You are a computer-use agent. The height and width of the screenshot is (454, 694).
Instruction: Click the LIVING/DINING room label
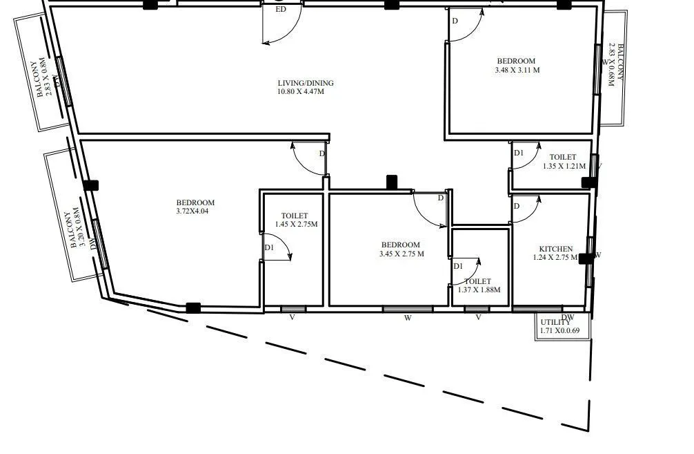[x=305, y=83]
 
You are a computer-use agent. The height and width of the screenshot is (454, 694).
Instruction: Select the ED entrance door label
[x=280, y=10]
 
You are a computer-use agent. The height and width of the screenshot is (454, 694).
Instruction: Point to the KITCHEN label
[x=555, y=249]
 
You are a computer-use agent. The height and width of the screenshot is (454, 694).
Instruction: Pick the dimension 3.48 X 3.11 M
[x=517, y=70]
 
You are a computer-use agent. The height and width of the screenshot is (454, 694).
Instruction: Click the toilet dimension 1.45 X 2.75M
[x=295, y=225]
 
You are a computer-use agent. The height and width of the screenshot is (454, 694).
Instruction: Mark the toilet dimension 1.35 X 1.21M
[x=564, y=166]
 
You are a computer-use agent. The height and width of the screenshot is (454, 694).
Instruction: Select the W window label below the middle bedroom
[x=408, y=319]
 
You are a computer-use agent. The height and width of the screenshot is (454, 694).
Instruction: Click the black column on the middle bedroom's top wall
[x=391, y=182]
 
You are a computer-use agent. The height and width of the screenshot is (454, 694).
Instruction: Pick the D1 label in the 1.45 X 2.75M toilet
[x=269, y=247]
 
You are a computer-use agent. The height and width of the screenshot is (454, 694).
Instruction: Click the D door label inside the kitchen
[x=516, y=207]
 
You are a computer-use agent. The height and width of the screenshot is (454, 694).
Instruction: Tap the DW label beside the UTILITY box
[x=568, y=317]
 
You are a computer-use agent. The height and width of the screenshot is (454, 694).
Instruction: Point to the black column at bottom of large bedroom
[x=193, y=308]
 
